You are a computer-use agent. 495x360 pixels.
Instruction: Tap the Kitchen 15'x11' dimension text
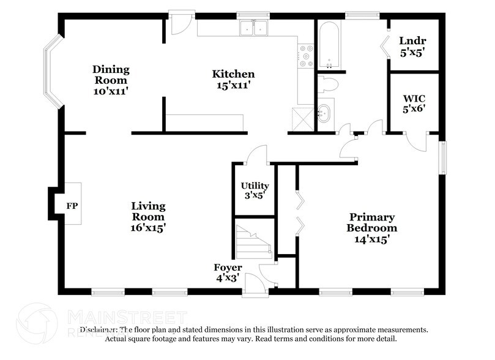point(233,86)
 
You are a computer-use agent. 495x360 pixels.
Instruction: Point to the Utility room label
point(255,186)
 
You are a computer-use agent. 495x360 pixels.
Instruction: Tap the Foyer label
point(228,268)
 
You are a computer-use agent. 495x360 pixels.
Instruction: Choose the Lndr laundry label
point(412,41)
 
